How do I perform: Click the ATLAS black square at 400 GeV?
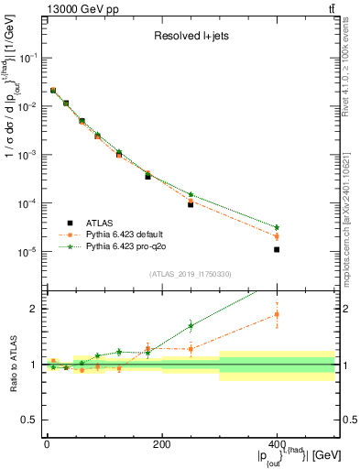277,249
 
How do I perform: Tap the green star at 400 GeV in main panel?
277,227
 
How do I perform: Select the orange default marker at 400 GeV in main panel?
277,236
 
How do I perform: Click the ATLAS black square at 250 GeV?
191,204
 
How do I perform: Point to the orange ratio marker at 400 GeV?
277,314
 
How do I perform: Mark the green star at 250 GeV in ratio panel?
191,325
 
